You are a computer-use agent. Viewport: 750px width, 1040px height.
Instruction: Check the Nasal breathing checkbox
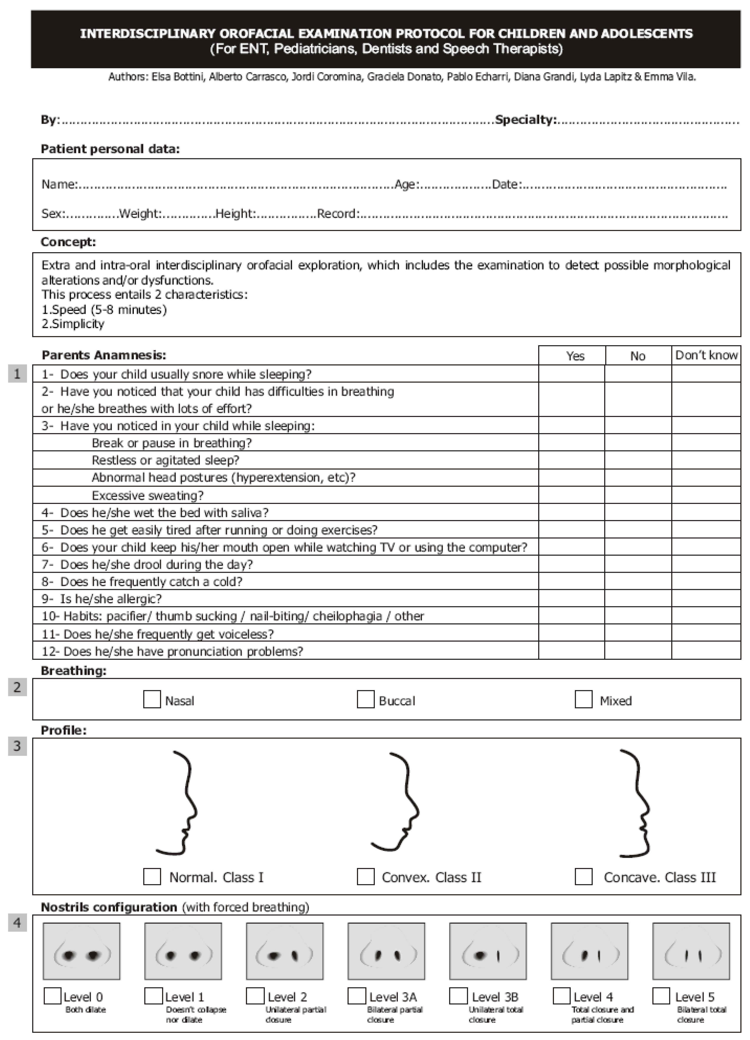pyautogui.click(x=152, y=699)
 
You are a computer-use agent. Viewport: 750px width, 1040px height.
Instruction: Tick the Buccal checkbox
pyautogui.click(x=365, y=699)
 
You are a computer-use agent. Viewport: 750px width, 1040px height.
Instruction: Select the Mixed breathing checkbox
pyautogui.click(x=583, y=699)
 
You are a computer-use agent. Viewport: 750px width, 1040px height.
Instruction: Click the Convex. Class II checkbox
pyautogui.click(x=365, y=876)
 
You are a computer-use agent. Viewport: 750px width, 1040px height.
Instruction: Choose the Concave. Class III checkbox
pyautogui.click(x=583, y=876)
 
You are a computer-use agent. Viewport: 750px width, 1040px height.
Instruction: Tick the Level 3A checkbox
pyautogui.click(x=357, y=995)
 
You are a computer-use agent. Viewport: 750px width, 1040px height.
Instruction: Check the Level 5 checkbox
pyautogui.click(x=661, y=995)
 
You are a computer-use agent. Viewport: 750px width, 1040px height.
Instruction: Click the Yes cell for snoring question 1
pyautogui.click(x=571, y=374)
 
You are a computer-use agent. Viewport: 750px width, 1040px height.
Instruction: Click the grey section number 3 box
pyautogui.click(x=17, y=746)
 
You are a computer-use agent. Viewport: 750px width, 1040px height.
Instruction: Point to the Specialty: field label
pyautogui.click(x=526, y=120)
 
